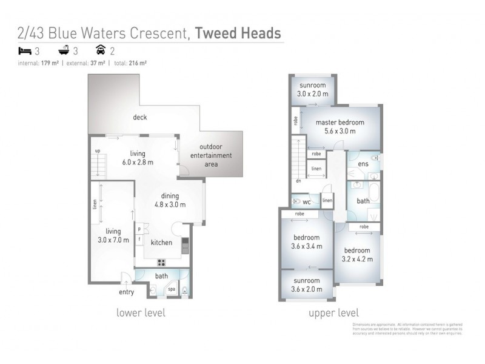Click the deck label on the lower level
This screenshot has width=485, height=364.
140,117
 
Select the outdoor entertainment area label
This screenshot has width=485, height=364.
216,155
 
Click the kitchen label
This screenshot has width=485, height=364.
161,243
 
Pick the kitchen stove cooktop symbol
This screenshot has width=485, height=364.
162,262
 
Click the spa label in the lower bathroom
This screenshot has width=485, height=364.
172,289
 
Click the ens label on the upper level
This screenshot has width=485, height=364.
363,164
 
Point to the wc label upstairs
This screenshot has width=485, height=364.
307,201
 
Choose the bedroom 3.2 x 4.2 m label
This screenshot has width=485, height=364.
358,255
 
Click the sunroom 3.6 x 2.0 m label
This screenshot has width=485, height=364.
307,285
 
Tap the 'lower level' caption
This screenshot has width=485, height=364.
141,313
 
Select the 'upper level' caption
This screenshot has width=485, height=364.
334,313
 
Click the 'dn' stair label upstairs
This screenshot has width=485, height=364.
298,180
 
